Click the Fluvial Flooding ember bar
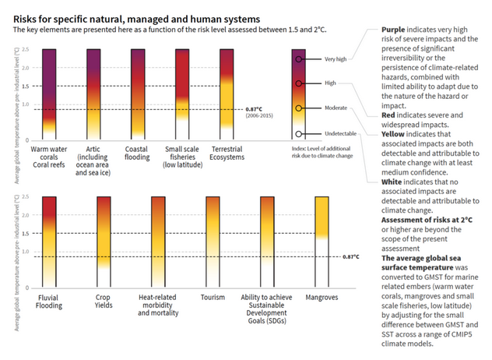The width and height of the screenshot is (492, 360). point(48,242)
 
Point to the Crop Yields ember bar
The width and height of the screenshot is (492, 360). point(104,242)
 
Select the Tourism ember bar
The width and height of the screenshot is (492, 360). point(213,242)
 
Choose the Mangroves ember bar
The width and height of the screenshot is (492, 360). point(322,242)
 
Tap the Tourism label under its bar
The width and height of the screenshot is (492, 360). point(213,297)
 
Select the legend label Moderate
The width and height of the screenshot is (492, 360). point(337,108)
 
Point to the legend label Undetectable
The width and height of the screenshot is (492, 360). point(340,133)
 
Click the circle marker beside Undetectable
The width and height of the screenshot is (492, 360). point(299,133)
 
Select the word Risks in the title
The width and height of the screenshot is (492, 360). point(27,16)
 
